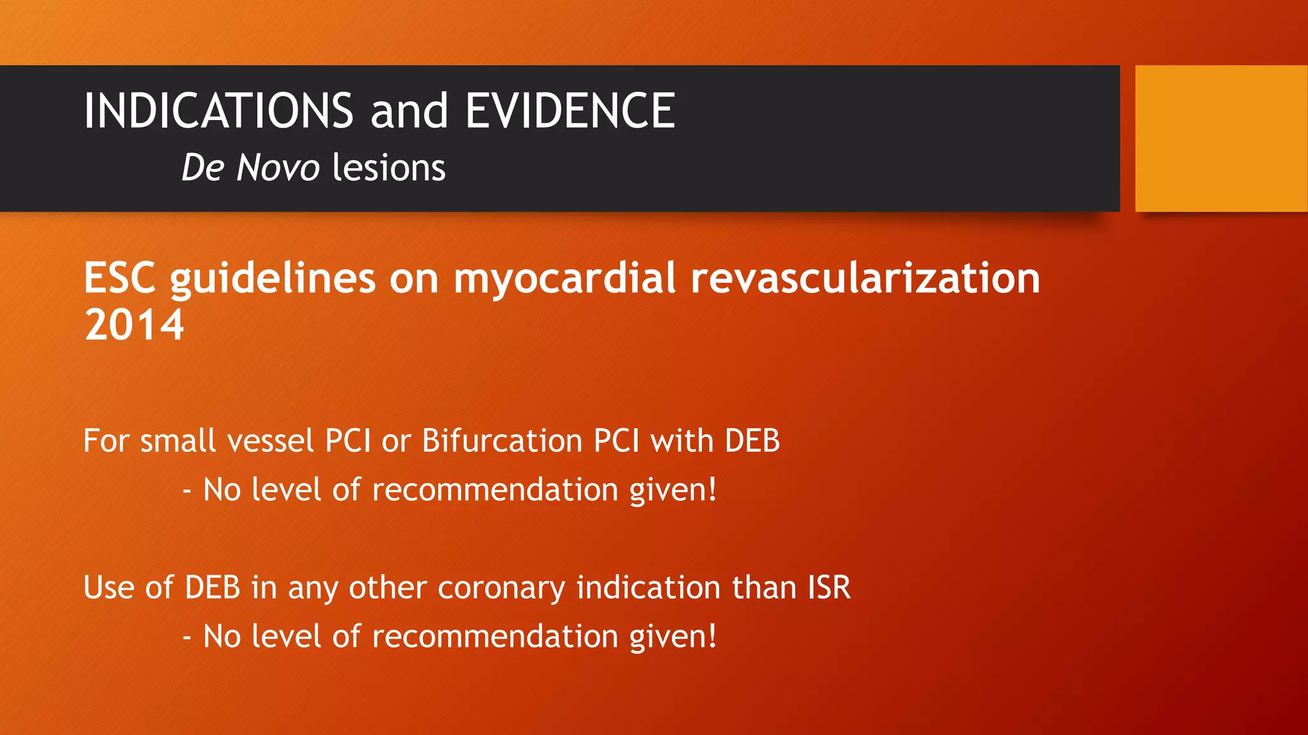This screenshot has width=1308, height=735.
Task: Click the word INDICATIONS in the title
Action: (x=218, y=111)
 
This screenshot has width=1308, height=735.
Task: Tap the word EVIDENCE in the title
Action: (x=570, y=111)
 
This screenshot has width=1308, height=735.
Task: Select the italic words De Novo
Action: (x=250, y=168)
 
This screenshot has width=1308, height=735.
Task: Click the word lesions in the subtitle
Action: (x=389, y=168)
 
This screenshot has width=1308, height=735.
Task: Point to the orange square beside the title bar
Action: (x=1221, y=138)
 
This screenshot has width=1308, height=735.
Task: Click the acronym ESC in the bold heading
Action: (x=119, y=279)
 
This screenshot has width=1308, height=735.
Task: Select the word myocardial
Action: (x=565, y=279)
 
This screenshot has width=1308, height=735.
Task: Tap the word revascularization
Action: (x=865, y=279)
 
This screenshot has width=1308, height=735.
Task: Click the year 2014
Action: (x=134, y=325)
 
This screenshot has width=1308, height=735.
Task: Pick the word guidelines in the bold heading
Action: (x=273, y=279)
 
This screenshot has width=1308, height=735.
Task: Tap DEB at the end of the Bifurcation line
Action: (x=752, y=441)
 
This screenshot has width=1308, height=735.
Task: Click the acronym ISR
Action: (x=829, y=588)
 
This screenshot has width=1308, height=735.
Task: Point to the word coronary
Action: (x=501, y=588)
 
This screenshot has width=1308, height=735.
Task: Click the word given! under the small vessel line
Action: (x=673, y=490)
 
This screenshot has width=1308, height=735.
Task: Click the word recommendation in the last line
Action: (x=495, y=637)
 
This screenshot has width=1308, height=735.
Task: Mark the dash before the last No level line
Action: (x=187, y=637)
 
